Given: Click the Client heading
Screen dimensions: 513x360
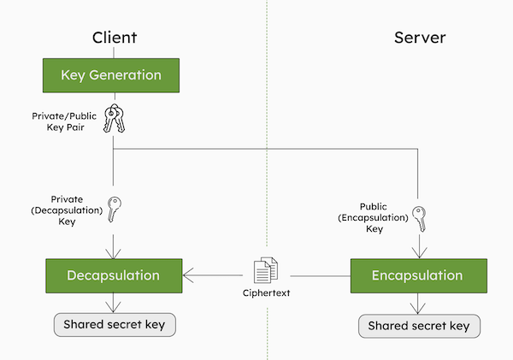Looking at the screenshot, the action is pos(115,38).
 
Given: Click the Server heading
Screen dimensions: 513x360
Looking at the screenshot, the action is pos(420,38).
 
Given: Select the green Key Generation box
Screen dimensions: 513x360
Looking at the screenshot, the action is pos(111,75).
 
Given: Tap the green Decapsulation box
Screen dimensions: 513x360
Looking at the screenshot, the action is pos(114,275).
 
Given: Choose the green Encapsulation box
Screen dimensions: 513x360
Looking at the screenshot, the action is pos(419,275).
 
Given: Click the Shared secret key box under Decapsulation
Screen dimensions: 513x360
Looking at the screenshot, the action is pos(115,325).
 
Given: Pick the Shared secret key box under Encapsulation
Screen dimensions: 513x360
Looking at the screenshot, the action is pos(420,326).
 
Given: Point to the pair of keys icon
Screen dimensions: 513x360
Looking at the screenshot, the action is pos(115,119).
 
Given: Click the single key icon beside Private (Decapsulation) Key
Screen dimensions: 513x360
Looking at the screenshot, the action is pos(115,210).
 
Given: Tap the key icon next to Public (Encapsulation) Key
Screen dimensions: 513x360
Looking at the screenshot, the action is pos(419,219).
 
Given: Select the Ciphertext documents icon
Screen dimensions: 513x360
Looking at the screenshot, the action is pos(266,270).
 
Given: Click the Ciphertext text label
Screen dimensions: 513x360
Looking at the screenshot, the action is pos(266,293).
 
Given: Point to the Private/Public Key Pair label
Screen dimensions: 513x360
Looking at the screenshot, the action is pos(64,121).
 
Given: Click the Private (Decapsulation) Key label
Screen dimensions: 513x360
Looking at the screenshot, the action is pos(67,210).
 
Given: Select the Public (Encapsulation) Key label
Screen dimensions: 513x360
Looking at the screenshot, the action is pos(374,218).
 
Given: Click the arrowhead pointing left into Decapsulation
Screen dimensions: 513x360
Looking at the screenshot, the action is pos(188,275).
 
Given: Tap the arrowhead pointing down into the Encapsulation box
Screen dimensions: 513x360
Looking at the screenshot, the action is pos(420,253).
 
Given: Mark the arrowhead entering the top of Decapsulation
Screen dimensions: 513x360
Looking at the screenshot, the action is pos(113,254).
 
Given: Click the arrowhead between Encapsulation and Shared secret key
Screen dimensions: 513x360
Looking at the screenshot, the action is pos(418,309).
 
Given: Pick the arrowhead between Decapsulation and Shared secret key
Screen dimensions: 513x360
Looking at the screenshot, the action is pos(113,307).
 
